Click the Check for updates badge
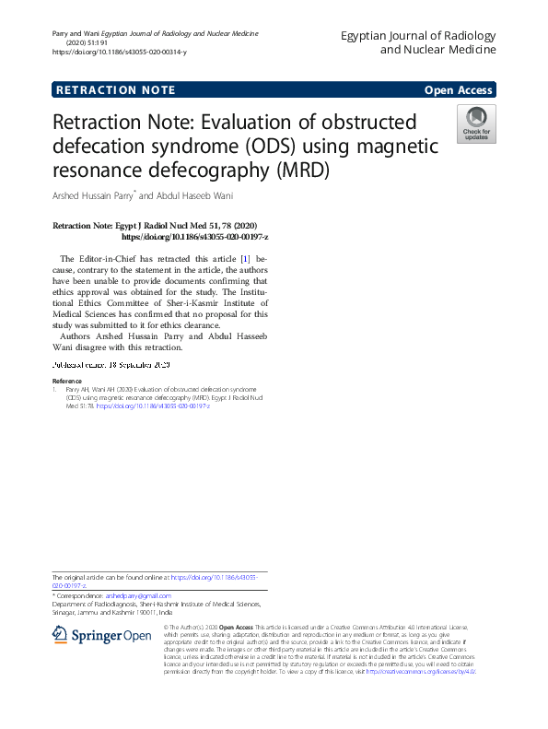coord(476,124)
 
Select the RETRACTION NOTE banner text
coord(114,90)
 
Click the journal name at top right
coord(418,42)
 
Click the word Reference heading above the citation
coord(66,381)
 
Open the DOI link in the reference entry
coord(153,406)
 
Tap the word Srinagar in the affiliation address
coord(69,612)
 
